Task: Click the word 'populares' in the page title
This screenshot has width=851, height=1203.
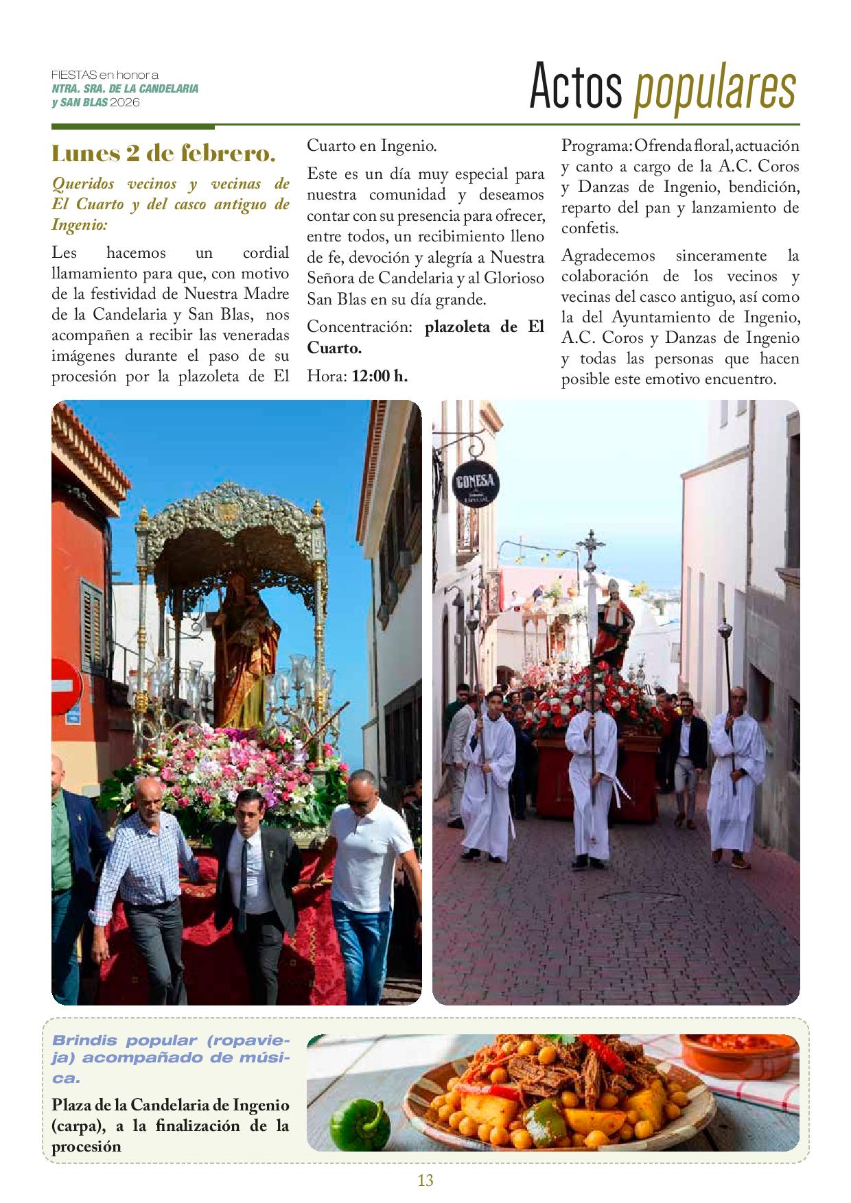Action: [715, 88]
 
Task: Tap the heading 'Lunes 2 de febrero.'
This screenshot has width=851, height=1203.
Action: [163, 153]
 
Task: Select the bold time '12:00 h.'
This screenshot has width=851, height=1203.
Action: [380, 375]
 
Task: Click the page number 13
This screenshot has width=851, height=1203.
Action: [425, 1180]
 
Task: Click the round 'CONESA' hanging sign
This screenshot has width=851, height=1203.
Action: [476, 485]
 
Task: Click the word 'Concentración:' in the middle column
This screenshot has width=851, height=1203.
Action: [359, 327]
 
